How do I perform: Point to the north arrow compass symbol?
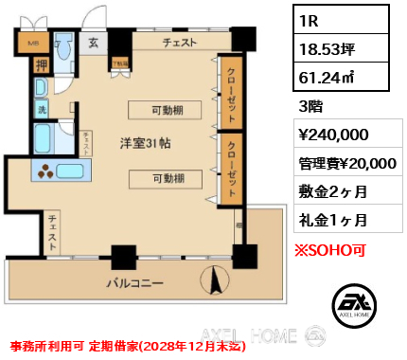(x=212, y=279)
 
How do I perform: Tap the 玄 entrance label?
(x=95, y=42)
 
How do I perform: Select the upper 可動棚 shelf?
(x=167, y=109)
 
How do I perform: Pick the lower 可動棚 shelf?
(x=167, y=177)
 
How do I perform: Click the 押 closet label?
(x=42, y=64)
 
